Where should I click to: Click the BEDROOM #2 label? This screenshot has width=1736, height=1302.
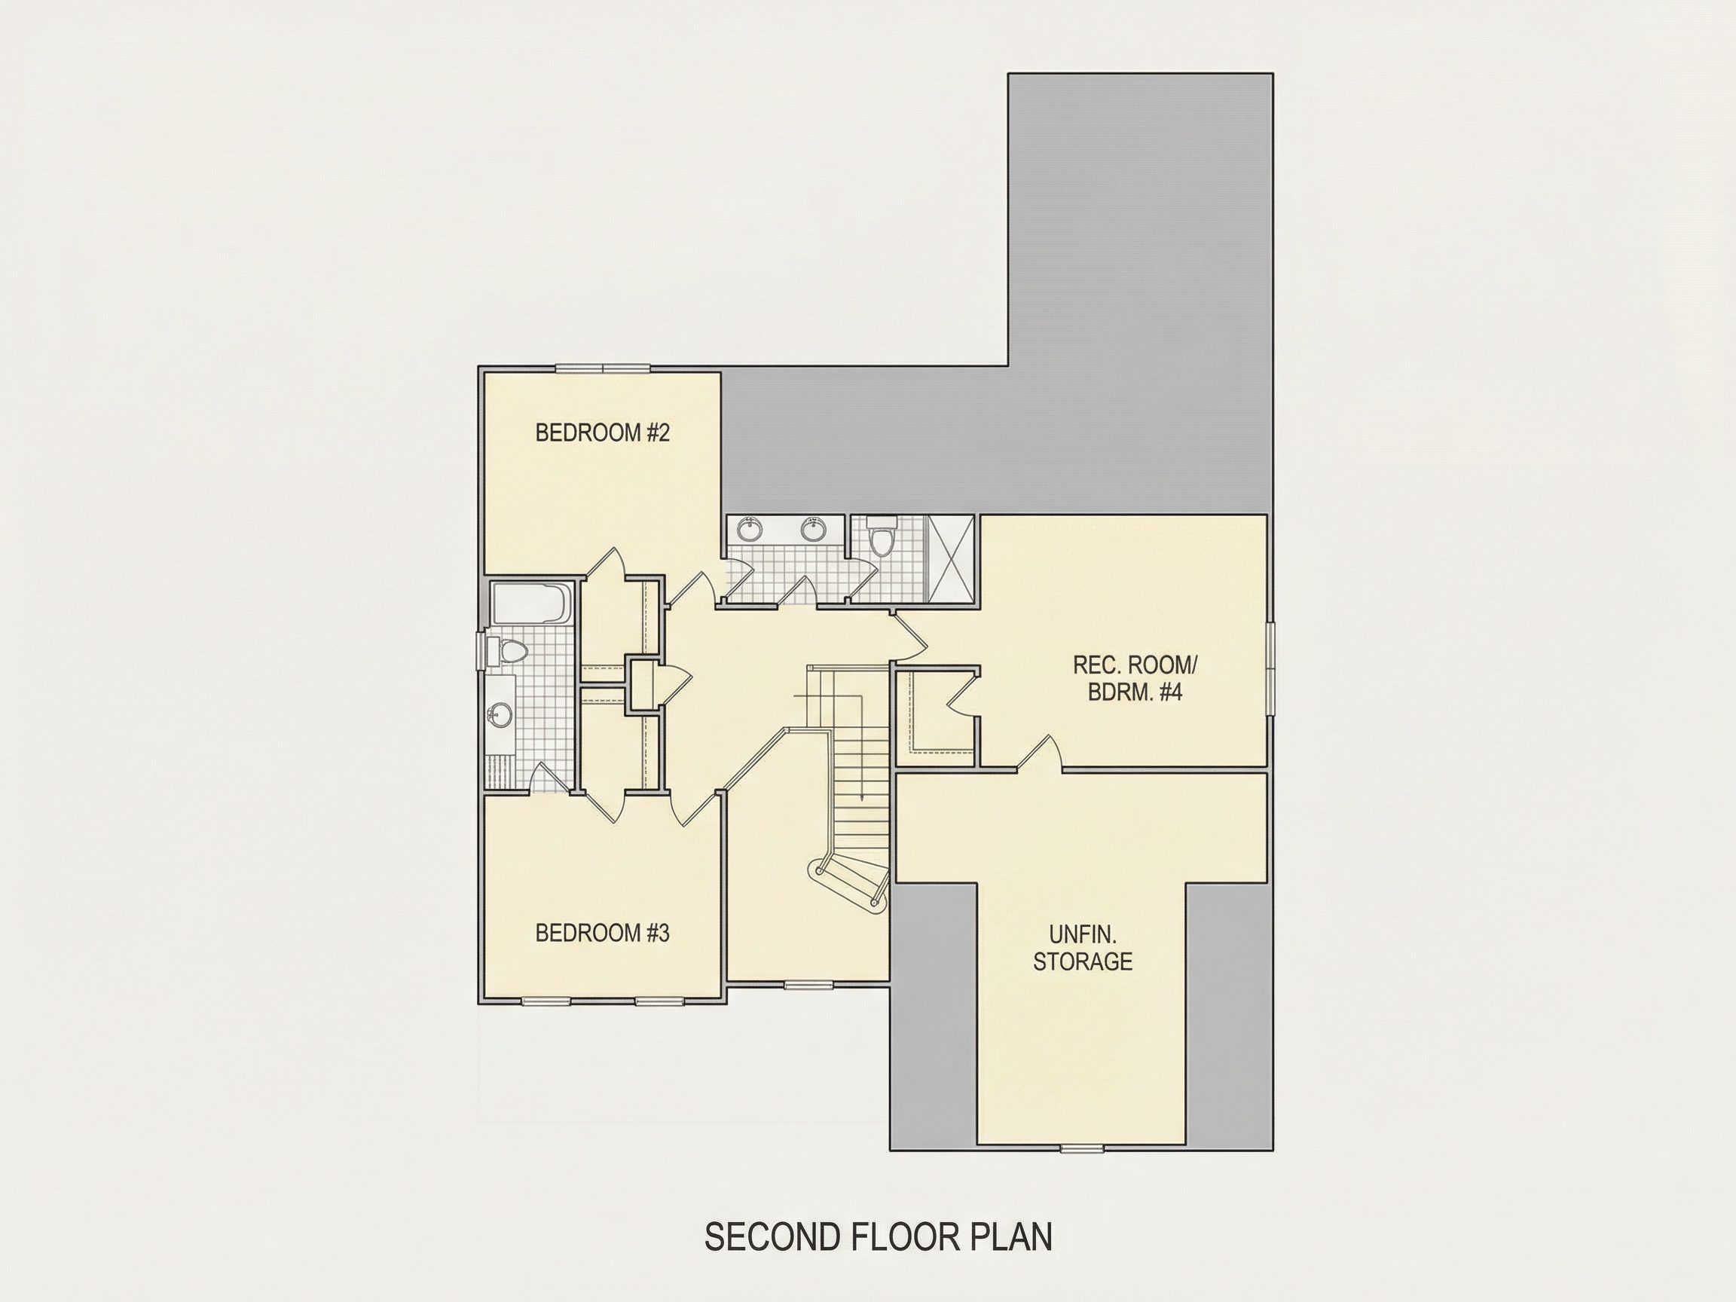(x=602, y=432)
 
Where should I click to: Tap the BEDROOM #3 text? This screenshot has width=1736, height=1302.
(x=602, y=932)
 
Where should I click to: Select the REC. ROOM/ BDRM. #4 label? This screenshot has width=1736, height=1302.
(x=1135, y=679)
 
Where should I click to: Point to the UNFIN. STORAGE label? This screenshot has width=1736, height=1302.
(x=1082, y=947)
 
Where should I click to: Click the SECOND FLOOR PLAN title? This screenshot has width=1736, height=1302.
(x=879, y=1236)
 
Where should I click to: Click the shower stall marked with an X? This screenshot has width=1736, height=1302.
(x=951, y=559)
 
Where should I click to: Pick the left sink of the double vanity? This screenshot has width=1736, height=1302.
(x=751, y=530)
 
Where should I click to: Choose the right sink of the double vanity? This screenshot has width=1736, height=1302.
(x=814, y=530)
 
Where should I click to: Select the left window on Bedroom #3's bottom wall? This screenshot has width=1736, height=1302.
(x=546, y=1001)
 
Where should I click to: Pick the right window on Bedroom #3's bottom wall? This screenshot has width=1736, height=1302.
(x=659, y=1001)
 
